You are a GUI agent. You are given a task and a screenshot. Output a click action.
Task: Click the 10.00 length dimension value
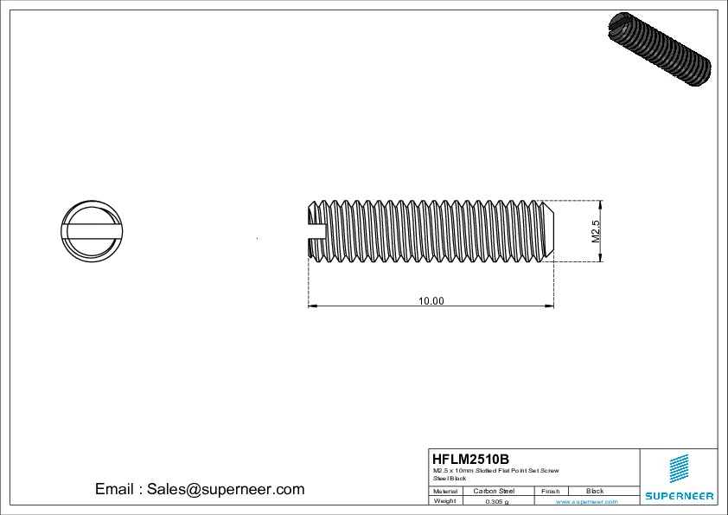point(431,301)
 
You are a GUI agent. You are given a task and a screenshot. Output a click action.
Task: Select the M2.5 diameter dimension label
point(595,230)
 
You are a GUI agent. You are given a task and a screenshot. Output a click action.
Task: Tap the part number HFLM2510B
point(470,459)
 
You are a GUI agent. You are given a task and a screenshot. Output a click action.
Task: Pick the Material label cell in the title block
point(445,491)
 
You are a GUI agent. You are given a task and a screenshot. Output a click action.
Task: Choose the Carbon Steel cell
point(494,491)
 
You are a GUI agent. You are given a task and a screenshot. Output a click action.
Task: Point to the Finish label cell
point(550,491)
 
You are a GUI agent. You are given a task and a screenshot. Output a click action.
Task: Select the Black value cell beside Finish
point(595,491)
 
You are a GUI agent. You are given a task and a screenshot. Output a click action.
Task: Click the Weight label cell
point(445,501)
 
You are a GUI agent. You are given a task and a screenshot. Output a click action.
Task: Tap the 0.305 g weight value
point(496,501)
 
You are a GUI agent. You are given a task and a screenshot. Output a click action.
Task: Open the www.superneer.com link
point(586,501)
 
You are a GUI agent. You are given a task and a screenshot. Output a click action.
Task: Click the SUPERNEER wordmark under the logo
point(679,496)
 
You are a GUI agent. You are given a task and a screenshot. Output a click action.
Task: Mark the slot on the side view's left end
point(317,230)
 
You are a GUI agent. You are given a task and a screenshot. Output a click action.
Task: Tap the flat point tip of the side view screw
point(552,230)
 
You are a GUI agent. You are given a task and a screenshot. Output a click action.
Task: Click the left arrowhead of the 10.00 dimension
point(313,306)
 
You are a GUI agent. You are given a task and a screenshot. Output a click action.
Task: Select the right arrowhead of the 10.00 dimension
point(549,306)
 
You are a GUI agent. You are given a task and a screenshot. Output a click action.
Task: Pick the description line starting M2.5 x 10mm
point(496,470)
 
